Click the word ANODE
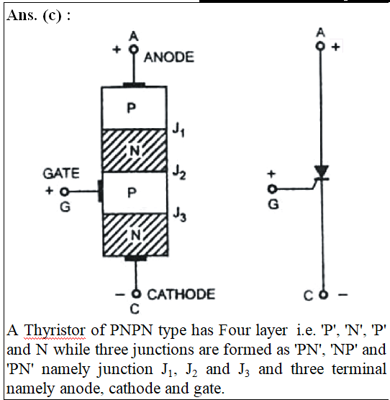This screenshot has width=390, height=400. (x=169, y=57)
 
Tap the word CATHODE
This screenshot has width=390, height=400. (x=181, y=294)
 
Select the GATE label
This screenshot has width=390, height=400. (x=61, y=173)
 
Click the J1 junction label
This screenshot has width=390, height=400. (x=178, y=130)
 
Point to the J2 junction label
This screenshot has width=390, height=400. (x=179, y=173)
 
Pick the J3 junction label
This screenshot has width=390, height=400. (x=180, y=214)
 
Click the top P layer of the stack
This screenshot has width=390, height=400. (x=134, y=108)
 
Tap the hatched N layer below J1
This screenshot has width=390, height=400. (x=135, y=150)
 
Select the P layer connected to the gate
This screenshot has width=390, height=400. (x=135, y=193)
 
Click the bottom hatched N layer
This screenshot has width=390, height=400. (x=135, y=235)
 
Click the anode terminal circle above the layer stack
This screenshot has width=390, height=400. (x=134, y=49)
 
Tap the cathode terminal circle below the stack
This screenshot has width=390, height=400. (x=137, y=294)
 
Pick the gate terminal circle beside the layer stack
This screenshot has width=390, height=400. (x=64, y=191)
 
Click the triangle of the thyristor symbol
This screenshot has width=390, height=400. (x=322, y=171)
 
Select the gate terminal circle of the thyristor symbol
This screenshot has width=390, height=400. (x=272, y=189)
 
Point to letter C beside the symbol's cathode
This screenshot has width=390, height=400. (x=308, y=296)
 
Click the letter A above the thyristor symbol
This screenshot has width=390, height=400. (x=320, y=32)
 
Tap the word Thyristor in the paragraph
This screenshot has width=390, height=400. (x=55, y=331)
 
